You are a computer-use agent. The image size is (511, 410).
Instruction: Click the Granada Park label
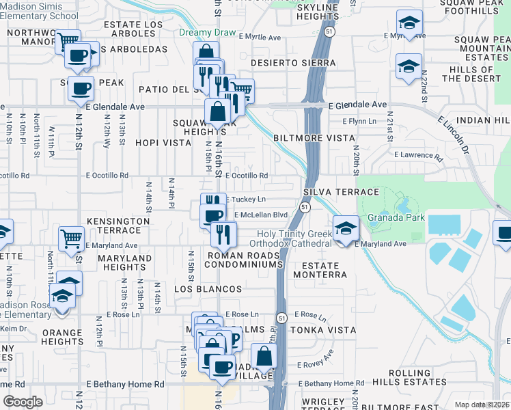396,218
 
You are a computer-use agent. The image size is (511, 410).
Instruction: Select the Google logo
23,402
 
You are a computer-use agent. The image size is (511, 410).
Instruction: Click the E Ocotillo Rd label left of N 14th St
107,176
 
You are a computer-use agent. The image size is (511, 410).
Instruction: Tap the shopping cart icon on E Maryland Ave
72,239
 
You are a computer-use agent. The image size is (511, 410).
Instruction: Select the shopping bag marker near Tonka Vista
264,356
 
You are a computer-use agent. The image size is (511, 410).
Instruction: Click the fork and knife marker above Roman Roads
223,234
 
